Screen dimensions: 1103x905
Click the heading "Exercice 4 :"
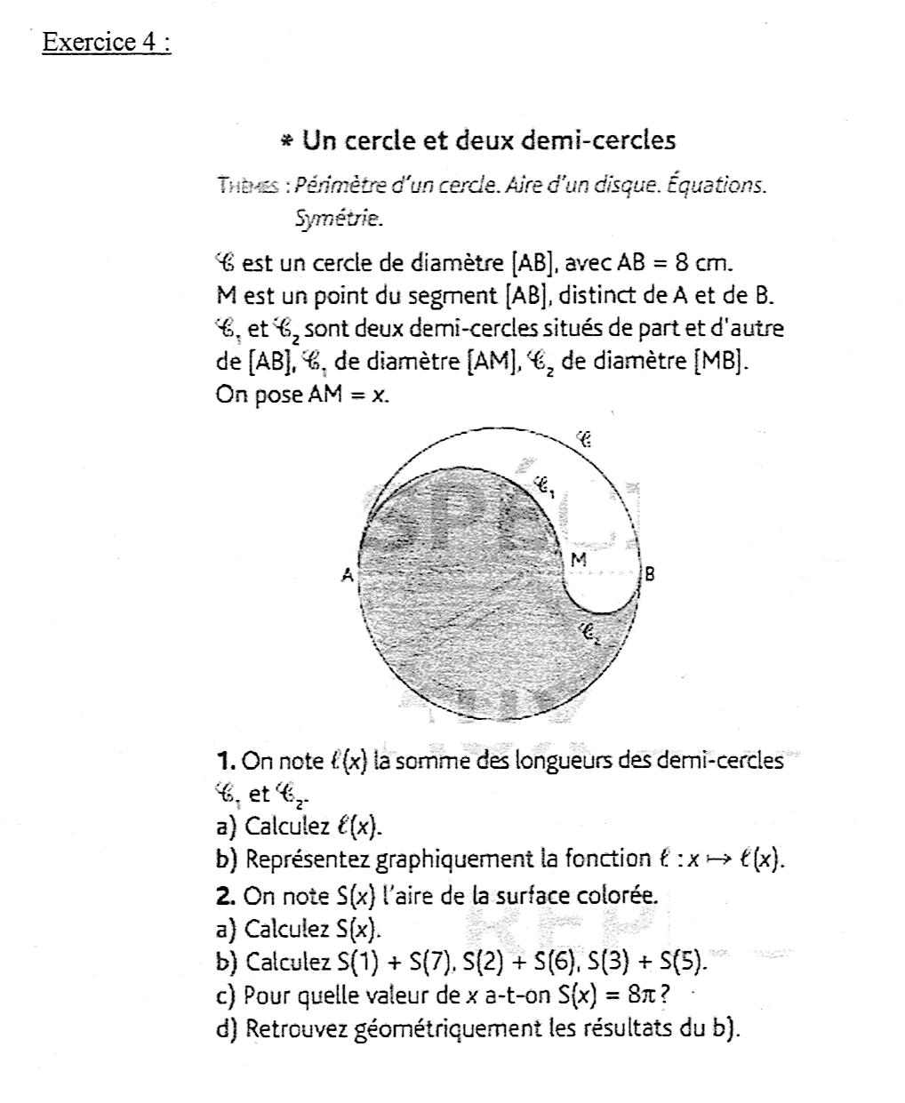point(106,43)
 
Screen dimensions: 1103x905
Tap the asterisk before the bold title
point(285,141)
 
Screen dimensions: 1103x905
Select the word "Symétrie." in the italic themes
point(339,218)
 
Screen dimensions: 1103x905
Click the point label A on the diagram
point(348,576)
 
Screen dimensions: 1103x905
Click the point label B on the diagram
point(649,574)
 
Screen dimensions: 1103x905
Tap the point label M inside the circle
point(579,560)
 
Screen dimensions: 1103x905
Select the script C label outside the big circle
point(583,438)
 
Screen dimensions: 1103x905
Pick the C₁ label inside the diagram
point(544,486)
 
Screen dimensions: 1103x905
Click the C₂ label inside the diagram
point(590,634)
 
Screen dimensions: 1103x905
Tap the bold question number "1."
point(225,761)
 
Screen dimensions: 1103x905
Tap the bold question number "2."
point(225,895)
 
